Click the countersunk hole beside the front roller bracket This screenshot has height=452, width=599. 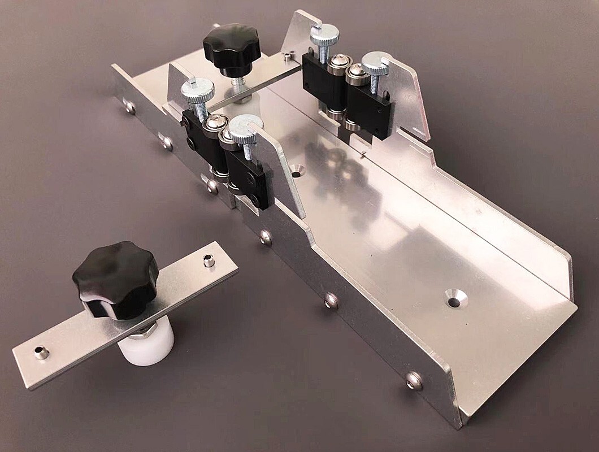point(298,168)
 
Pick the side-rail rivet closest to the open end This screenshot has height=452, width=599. point(414,379)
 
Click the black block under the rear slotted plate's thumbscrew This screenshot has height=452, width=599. point(370,112)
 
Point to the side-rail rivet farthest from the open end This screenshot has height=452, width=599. point(129,106)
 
